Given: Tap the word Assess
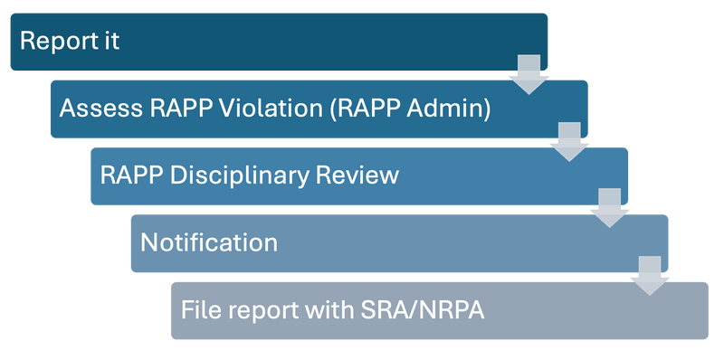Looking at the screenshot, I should coord(95,109).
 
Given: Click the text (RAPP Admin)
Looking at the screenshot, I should coord(409,109).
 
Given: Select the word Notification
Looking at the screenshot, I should coord(209,242).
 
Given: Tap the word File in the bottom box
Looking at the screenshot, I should coord(198,309).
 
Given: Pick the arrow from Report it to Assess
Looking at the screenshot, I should coord(529,74).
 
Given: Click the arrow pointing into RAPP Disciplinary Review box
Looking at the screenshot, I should coord(569,141).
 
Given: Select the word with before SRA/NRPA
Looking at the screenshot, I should coord(327,309).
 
